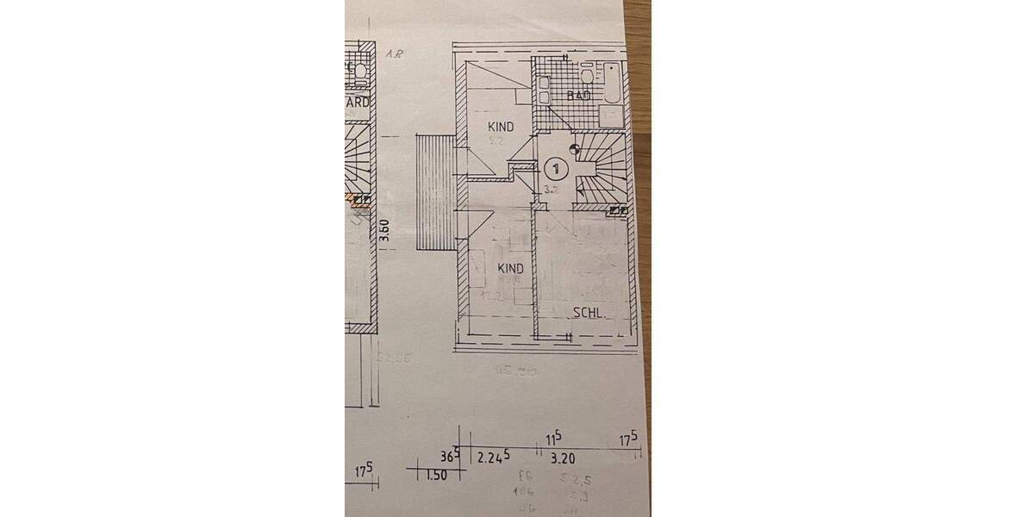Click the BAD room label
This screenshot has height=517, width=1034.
(578, 96)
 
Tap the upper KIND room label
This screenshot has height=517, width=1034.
(500, 127)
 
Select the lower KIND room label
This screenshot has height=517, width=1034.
(511, 268)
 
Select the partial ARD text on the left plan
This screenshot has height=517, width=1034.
(357, 102)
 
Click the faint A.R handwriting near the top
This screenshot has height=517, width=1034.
(396, 53)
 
